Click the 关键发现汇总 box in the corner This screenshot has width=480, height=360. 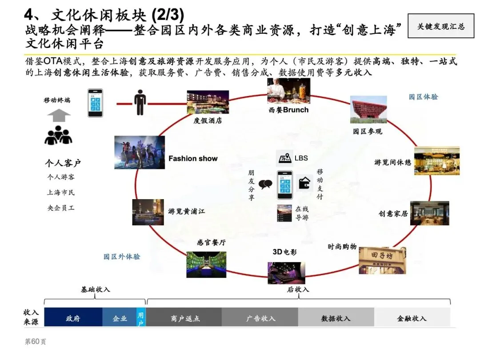pyautogui.click(x=440, y=26)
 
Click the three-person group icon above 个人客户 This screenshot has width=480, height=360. pyautogui.click(x=58, y=136)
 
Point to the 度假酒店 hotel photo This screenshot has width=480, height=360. pyautogui.click(x=208, y=102)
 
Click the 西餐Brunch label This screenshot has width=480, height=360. pyautogui.click(x=288, y=110)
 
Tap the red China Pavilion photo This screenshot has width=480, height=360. pyautogui.click(x=368, y=109)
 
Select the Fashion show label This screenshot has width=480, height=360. pyautogui.click(x=193, y=158)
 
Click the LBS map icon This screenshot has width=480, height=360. pyautogui.click(x=284, y=157)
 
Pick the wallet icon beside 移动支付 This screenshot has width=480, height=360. pyautogui.click(x=305, y=183)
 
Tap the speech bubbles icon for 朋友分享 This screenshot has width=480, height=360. pyautogui.click(x=265, y=184)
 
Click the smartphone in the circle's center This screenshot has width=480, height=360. pyautogui.click(x=285, y=185)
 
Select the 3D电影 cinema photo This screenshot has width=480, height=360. pyautogui.click(x=286, y=273)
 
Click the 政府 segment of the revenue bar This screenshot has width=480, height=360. pyautogui.click(x=73, y=318)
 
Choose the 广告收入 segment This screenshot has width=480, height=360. pyautogui.click(x=260, y=318)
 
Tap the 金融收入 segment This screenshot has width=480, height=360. pyautogui.click(x=412, y=318)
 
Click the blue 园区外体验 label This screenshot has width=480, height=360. pyautogui.click(x=122, y=256)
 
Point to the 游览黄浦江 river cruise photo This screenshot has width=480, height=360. pyautogui.click(x=148, y=212)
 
